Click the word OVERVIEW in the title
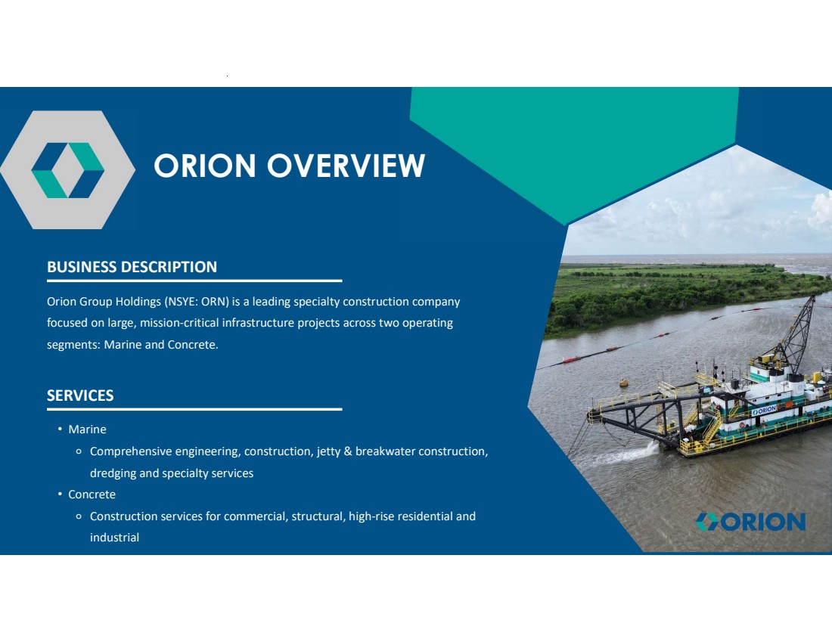(x=346, y=166)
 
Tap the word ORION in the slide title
(x=205, y=166)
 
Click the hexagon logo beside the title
(x=67, y=170)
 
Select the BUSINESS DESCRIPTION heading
(x=132, y=266)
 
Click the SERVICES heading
(x=80, y=395)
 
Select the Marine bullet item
(x=87, y=430)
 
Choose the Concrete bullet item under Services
(x=92, y=495)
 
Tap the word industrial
(x=115, y=538)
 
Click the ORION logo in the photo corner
(x=751, y=522)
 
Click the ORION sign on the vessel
(x=764, y=411)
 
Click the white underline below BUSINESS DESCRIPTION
(x=194, y=280)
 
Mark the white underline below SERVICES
(x=194, y=409)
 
